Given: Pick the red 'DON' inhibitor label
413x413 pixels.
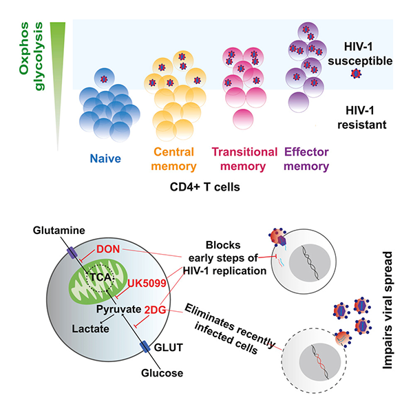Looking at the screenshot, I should (108, 248).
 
